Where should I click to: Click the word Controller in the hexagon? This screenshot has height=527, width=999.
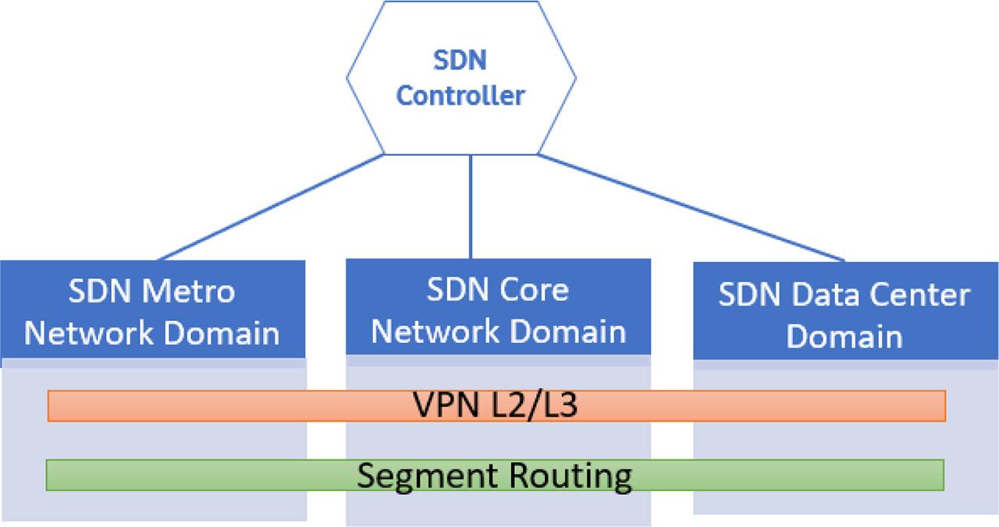click(x=460, y=96)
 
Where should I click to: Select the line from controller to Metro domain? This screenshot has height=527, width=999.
click(x=269, y=207)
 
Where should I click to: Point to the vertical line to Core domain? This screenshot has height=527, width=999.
click(x=471, y=207)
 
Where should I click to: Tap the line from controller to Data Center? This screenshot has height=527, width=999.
click(x=691, y=207)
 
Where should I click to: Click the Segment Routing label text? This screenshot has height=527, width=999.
click(x=494, y=475)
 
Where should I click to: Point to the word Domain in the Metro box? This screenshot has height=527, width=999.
click(x=222, y=333)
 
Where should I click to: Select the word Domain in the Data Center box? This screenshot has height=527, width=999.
click(x=844, y=337)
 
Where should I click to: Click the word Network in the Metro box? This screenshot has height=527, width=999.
click(x=88, y=333)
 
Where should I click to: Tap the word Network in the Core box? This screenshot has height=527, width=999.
click(x=428, y=331)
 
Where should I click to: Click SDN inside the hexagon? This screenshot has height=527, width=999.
click(x=460, y=60)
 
